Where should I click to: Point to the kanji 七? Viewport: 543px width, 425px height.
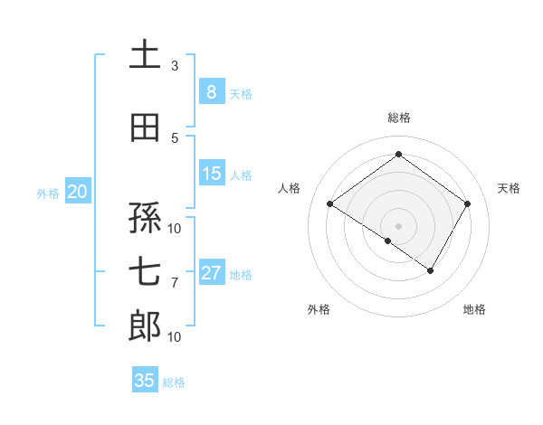(x=145, y=272)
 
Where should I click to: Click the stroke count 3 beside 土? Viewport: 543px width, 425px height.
(x=175, y=65)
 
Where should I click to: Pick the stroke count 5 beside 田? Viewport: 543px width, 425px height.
(x=175, y=137)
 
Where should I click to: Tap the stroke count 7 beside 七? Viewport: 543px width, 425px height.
(x=175, y=283)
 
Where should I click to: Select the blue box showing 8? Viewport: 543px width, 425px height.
(x=211, y=92)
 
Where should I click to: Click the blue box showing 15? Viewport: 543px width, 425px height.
(x=211, y=174)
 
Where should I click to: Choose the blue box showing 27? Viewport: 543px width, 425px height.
(x=211, y=273)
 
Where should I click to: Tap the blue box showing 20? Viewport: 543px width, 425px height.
(x=78, y=192)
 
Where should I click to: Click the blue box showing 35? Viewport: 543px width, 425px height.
(x=145, y=381)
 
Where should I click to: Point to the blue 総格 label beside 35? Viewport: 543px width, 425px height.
(x=174, y=382)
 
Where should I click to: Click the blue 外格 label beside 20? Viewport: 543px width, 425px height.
(x=48, y=193)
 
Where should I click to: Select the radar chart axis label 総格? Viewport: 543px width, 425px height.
(x=398, y=118)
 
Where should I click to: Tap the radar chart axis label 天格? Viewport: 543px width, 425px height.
(x=510, y=188)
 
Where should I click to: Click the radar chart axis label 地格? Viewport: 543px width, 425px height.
(x=474, y=309)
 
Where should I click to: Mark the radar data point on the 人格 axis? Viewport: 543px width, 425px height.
(x=329, y=204)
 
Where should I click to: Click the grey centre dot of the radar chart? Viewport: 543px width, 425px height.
(x=398, y=225)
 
